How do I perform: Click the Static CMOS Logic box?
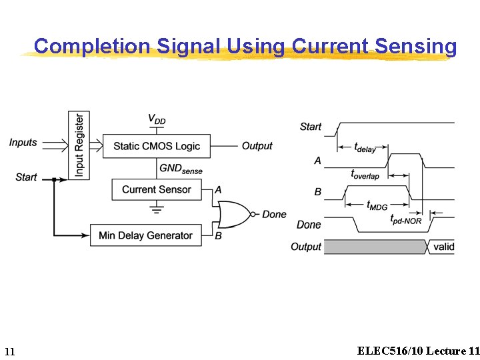coord(156,146)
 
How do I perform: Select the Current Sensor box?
coord(156,189)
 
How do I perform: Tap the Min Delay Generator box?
coord(145,235)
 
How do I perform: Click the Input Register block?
coord(79,145)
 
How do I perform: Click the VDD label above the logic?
coord(157,120)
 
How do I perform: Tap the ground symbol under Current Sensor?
coord(157,209)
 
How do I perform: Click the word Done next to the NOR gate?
coord(274,215)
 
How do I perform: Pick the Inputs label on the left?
coord(23,143)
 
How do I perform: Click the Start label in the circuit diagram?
coord(26,177)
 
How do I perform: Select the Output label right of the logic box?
coord(257,146)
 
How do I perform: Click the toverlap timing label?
coord(365,175)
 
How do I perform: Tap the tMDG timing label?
coord(377,205)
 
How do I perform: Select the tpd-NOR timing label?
coord(405,219)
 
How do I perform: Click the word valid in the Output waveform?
coord(443,247)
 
